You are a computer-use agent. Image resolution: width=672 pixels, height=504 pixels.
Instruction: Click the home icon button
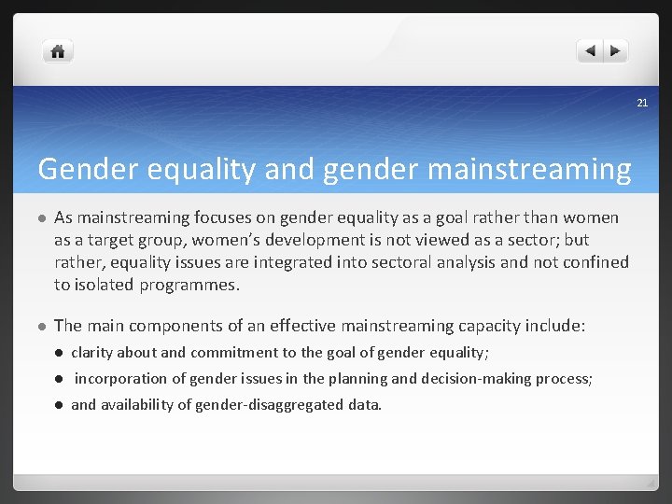[58, 51]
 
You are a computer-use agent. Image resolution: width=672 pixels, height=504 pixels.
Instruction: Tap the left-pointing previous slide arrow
[590, 51]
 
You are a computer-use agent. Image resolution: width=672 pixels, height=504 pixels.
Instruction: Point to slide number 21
[642, 102]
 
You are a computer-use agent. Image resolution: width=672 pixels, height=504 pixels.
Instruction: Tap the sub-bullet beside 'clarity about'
[58, 353]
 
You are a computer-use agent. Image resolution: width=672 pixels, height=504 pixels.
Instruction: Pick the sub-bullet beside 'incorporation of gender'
[58, 379]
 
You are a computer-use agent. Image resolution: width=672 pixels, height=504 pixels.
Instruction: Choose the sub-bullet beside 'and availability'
[58, 405]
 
